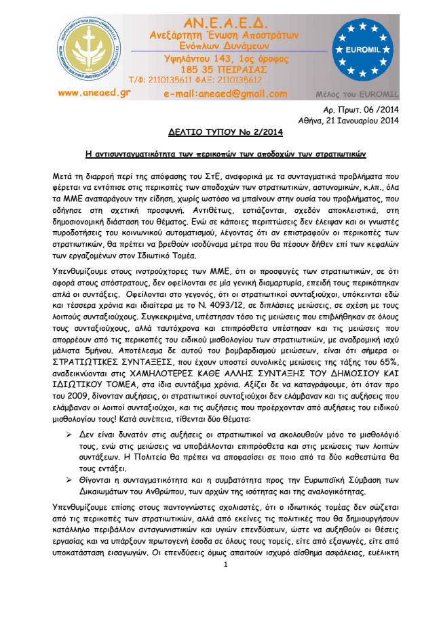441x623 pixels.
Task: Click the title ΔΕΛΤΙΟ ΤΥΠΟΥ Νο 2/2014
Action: click(220, 133)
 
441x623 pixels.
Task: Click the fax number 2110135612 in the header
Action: click(248, 81)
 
